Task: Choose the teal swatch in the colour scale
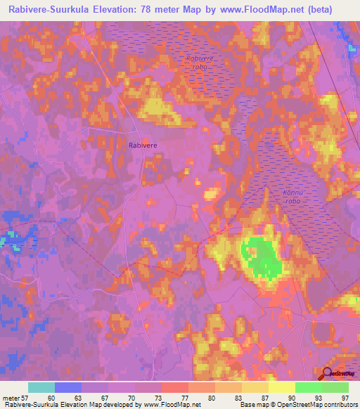point(41,387)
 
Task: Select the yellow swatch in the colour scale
point(282,387)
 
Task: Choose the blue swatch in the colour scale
point(68,387)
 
